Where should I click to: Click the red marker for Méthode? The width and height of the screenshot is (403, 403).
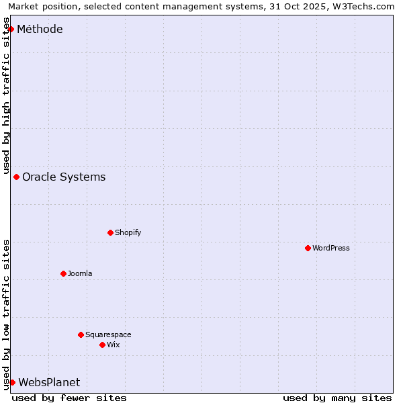pyautogui.click(x=11, y=29)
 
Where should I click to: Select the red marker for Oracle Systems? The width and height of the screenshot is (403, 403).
pyautogui.click(x=16, y=177)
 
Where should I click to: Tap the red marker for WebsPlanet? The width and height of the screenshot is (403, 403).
pyautogui.click(x=12, y=382)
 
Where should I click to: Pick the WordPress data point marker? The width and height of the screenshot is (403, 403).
pyautogui.click(x=308, y=248)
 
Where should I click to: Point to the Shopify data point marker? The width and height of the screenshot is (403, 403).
pyautogui.click(x=110, y=232)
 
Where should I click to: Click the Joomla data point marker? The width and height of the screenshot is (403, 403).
pyautogui.click(x=63, y=273)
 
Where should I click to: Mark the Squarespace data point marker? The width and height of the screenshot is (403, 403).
pyautogui.click(x=81, y=334)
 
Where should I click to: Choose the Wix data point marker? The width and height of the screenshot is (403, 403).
pyautogui.click(x=102, y=345)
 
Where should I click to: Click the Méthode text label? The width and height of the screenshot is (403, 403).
pyautogui.click(x=40, y=29)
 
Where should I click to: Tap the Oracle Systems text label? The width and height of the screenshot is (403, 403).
pyautogui.click(x=64, y=177)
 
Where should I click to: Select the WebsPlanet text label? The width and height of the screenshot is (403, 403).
pyautogui.click(x=49, y=382)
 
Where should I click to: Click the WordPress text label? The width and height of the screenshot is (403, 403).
pyautogui.click(x=331, y=248)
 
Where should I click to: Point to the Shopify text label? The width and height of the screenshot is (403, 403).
pyautogui.click(x=128, y=232)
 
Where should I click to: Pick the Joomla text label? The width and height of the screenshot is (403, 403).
pyautogui.click(x=80, y=273)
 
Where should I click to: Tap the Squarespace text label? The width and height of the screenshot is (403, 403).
pyautogui.click(x=108, y=334)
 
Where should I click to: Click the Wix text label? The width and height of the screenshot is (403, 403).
pyautogui.click(x=114, y=345)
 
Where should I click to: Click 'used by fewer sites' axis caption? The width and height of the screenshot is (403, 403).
pyautogui.click(x=69, y=398)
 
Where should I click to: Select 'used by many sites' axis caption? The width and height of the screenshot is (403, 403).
pyautogui.click(x=337, y=398)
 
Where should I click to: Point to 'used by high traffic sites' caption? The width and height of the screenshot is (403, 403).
pyautogui.click(x=7, y=94)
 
